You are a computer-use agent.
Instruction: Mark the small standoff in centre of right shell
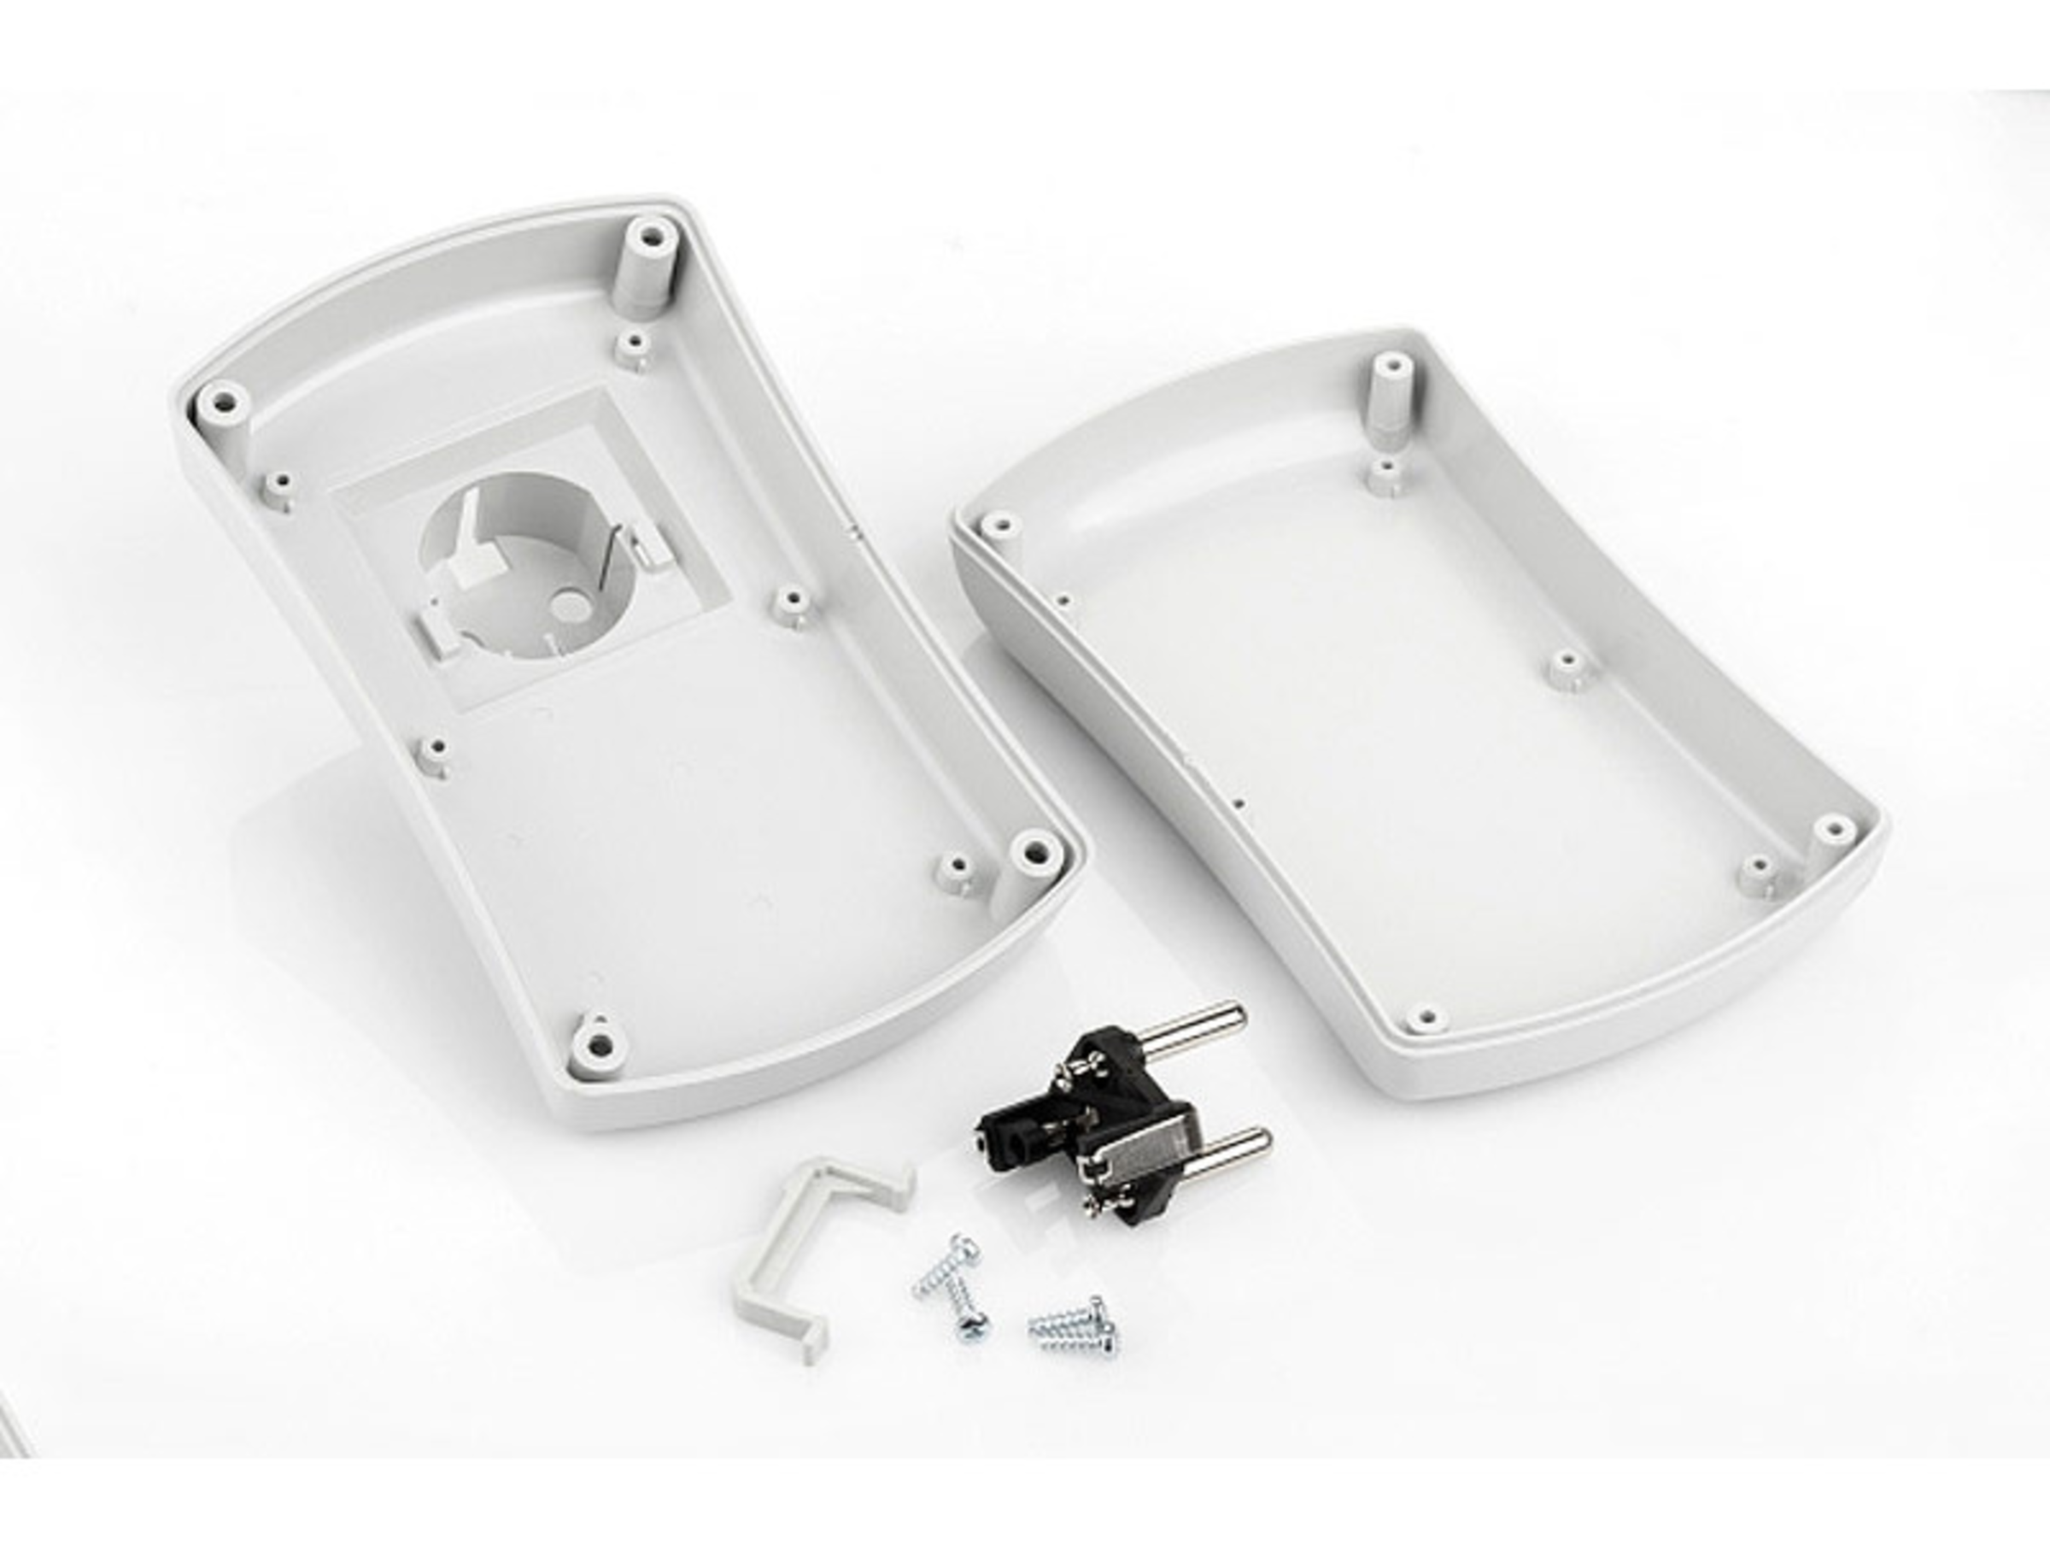tap(1567, 666)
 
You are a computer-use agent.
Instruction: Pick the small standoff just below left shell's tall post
tap(633, 347)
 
